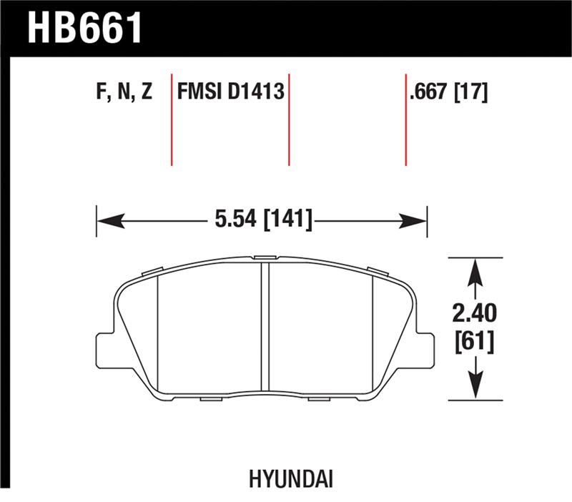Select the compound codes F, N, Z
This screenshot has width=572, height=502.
point(123,92)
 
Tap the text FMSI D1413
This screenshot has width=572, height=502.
point(231,92)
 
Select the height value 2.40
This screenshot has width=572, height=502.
point(475,312)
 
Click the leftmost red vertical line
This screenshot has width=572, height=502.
point(172,118)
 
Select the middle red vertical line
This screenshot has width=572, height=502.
point(289,118)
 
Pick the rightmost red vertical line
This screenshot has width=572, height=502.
point(405,118)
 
